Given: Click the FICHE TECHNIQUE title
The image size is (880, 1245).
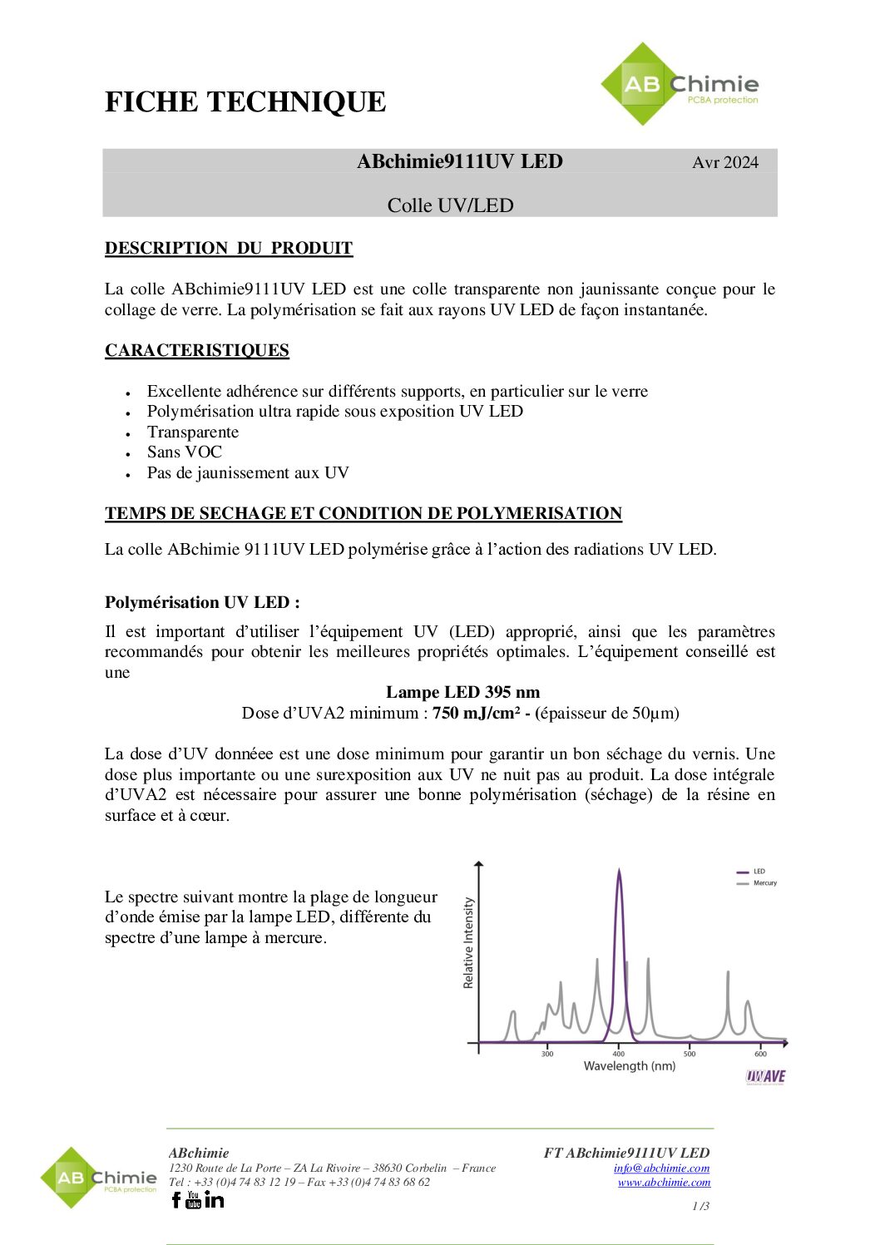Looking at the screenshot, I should click(x=245, y=102).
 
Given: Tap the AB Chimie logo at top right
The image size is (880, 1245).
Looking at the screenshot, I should click(x=680, y=85).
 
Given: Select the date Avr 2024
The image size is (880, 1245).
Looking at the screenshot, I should click(x=724, y=162).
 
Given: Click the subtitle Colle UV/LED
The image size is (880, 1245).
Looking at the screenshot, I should click(x=450, y=205).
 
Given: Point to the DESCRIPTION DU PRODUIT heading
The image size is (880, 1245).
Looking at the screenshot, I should click(x=229, y=248).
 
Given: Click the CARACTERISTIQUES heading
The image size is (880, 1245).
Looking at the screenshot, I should click(x=197, y=350).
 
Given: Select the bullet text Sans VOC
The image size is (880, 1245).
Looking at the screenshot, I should click(x=185, y=452).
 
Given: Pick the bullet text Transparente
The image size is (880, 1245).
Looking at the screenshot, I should click(x=193, y=432).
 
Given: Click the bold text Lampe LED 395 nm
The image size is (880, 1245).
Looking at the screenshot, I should click(x=462, y=692).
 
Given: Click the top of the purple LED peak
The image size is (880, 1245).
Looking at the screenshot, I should click(x=619, y=872).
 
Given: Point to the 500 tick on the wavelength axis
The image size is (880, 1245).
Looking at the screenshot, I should click(x=690, y=1054).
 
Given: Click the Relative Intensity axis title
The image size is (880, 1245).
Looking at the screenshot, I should click(x=468, y=942).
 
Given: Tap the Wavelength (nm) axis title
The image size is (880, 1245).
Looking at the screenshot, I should click(x=629, y=1066).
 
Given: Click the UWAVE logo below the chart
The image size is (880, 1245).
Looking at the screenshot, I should click(x=765, y=1076).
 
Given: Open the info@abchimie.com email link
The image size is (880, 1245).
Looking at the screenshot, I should click(x=661, y=1168).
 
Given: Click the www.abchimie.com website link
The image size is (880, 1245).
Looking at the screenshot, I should click(x=664, y=1182).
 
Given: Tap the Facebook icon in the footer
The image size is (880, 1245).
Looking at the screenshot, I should click(x=176, y=1199).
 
